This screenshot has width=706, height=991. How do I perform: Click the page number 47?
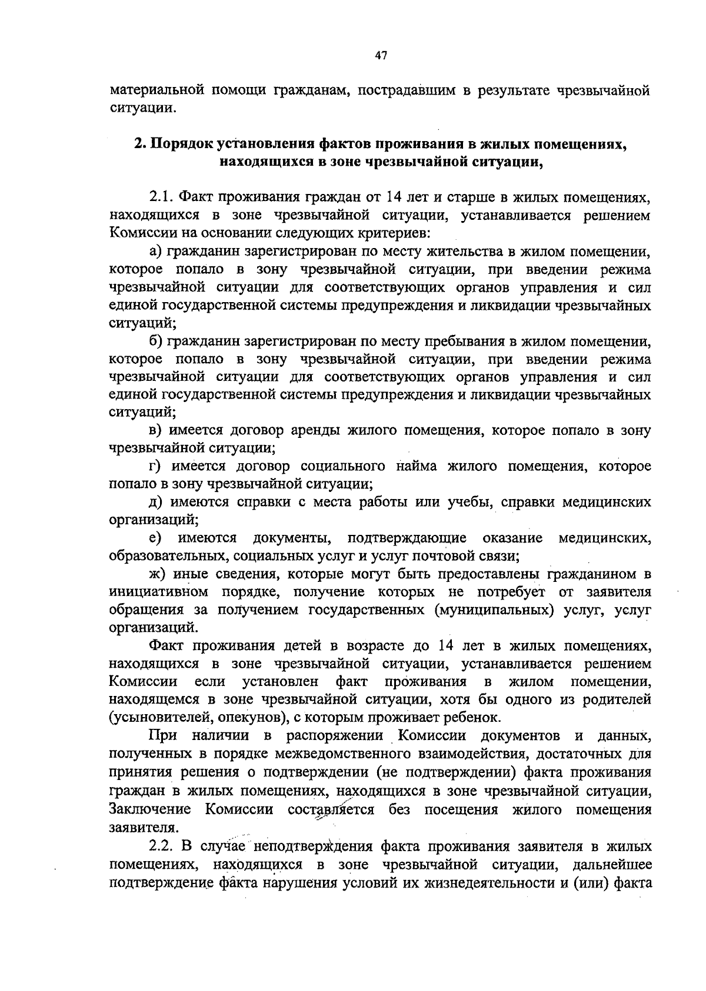(x=381, y=56)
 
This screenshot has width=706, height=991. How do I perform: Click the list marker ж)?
(x=156, y=574)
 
